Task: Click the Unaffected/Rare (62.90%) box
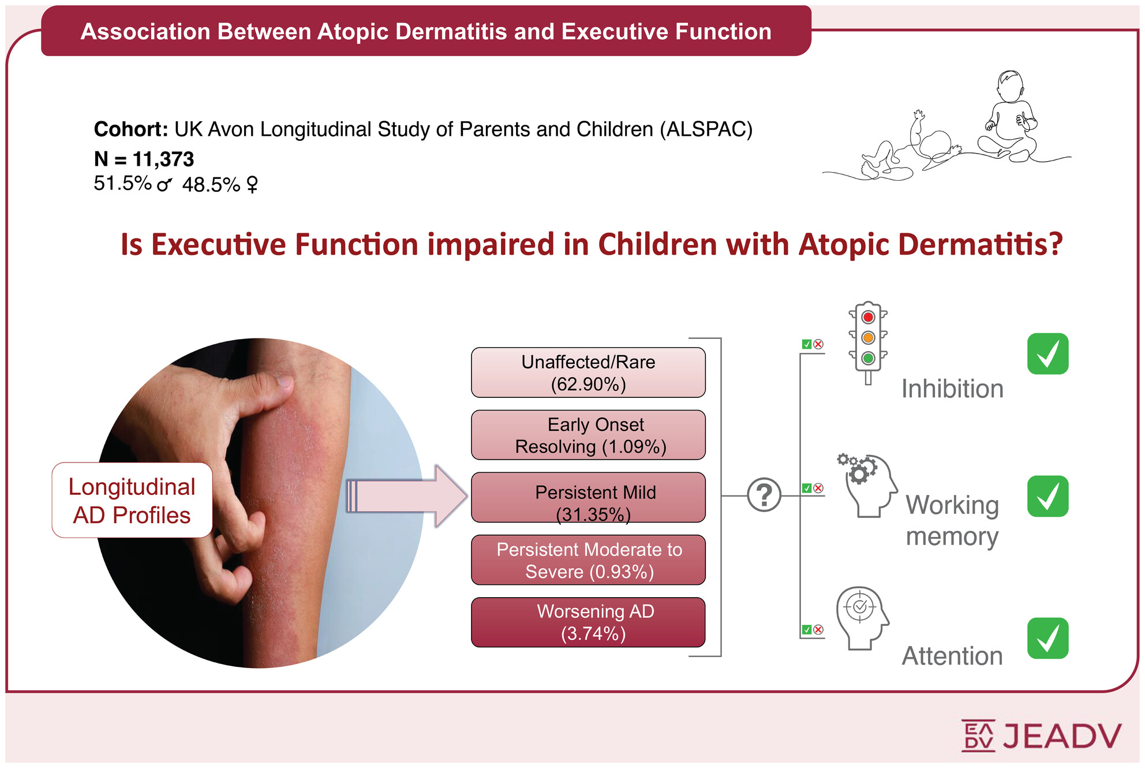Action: [588, 372]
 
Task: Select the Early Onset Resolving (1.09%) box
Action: [588, 435]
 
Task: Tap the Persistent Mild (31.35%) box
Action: [588, 497]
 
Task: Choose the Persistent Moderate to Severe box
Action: [588, 560]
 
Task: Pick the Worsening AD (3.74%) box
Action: [588, 622]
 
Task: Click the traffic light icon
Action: [868, 342]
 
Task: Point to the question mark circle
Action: [764, 495]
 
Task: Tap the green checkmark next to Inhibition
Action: [1047, 354]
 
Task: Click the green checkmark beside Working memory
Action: [1047, 496]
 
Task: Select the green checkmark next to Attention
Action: [1047, 638]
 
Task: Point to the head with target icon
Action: [863, 618]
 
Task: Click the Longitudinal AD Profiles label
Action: [132, 500]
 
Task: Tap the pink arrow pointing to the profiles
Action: [406, 496]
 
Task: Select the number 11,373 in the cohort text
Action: [163, 159]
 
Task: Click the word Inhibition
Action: [952, 389]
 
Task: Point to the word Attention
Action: [952, 656]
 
